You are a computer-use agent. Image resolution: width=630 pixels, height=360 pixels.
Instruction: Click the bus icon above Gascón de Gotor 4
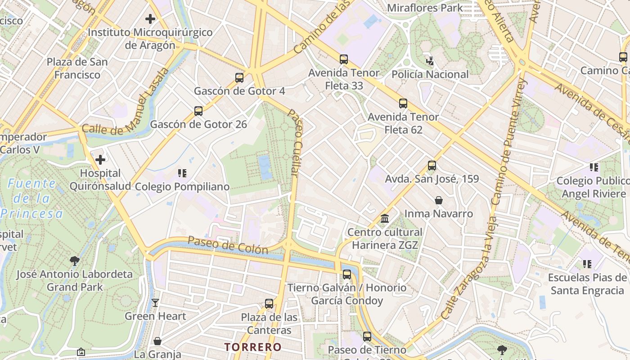[x=239, y=77]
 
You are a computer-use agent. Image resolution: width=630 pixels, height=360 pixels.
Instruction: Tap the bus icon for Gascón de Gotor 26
[x=198, y=111]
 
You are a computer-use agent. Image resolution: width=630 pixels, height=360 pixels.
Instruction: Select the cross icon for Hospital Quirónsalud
[x=100, y=160]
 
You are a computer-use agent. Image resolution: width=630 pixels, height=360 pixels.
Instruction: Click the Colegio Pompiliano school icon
[x=182, y=173]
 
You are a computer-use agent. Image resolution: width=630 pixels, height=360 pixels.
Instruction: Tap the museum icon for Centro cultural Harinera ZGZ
[x=385, y=219]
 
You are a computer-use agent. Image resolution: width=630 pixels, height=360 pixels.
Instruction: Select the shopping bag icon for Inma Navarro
[x=439, y=200]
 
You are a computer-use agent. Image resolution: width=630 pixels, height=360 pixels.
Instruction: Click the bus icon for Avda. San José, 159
[x=432, y=165]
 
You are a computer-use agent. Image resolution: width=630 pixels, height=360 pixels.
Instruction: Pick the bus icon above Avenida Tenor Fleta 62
[x=403, y=103]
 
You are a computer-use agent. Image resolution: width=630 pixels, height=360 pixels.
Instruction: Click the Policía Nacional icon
[x=430, y=61]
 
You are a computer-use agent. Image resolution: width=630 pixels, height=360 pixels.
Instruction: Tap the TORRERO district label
[x=253, y=347]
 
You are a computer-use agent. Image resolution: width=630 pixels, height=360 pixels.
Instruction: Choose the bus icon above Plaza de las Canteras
[x=269, y=304]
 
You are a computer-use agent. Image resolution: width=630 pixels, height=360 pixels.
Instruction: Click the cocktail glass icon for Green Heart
[x=155, y=303]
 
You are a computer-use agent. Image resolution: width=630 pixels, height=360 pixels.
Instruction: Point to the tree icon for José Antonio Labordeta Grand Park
[x=75, y=261]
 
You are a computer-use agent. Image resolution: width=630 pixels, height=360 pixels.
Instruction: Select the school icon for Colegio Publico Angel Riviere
[x=594, y=167]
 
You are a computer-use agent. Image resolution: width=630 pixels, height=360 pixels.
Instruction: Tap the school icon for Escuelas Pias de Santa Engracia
[x=587, y=264]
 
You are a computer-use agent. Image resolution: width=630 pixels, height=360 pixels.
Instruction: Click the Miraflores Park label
[x=425, y=8]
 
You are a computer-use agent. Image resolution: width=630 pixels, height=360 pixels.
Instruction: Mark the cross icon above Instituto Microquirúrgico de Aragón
[x=150, y=19]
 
